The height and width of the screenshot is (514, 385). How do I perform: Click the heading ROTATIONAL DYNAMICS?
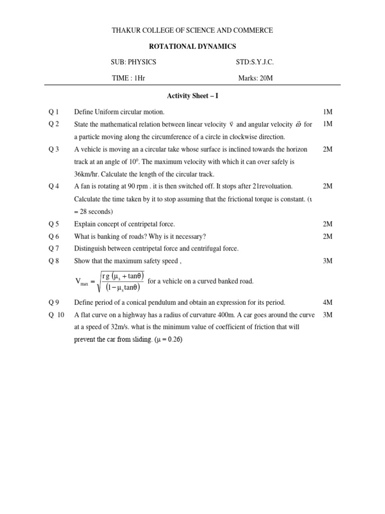coord(192,46)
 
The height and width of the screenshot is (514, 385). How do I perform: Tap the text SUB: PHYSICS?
coord(133,62)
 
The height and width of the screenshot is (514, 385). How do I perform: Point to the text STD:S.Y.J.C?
coord(255,62)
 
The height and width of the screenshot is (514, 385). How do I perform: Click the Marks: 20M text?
coord(256,78)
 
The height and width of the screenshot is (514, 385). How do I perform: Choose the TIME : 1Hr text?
coord(128,78)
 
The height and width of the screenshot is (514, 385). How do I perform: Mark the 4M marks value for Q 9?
coord(328,302)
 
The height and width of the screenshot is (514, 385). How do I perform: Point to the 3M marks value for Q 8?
coord(328,261)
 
